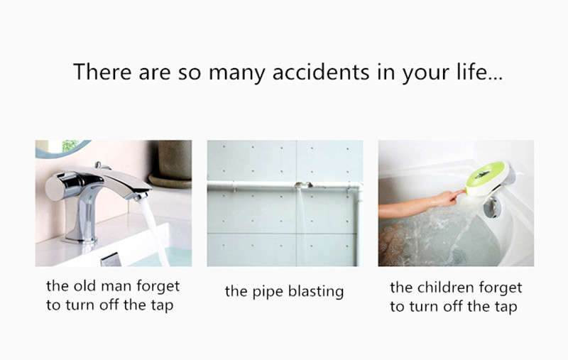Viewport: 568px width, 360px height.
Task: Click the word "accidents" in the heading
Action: (x=321, y=72)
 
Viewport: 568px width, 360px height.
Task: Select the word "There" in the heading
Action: (x=102, y=72)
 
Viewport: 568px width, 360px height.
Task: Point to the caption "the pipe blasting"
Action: (x=285, y=292)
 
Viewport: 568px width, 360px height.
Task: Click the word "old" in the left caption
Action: (x=84, y=285)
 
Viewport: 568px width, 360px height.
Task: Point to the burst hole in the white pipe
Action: (x=304, y=185)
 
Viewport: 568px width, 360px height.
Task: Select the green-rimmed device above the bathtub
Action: (x=488, y=178)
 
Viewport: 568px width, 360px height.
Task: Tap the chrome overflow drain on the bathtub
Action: (x=492, y=207)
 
